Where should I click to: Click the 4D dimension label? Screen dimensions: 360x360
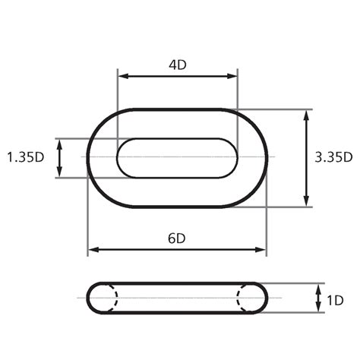(177, 65)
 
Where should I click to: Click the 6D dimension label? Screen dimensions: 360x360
(177, 238)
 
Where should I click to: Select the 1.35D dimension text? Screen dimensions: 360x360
(25, 157)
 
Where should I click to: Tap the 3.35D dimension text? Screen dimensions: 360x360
(333, 157)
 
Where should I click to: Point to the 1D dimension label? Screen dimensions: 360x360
(333, 300)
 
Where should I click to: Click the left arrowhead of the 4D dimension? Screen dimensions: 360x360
(122, 76)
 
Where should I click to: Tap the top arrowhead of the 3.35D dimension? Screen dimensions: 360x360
(307, 114)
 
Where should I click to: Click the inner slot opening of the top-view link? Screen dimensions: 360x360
(177, 158)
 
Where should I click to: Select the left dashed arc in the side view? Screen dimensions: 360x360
(115, 298)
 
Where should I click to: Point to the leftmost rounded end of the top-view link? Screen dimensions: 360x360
(90, 158)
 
